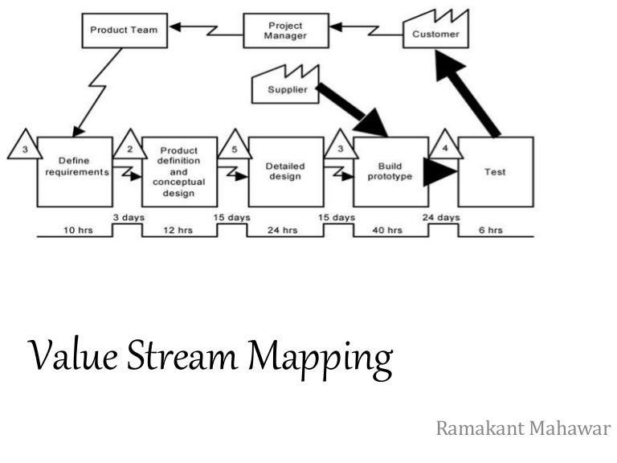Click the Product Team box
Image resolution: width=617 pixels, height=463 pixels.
[x=123, y=31]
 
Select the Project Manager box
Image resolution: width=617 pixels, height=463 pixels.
[x=285, y=31]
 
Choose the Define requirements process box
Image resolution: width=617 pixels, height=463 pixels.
[x=73, y=171]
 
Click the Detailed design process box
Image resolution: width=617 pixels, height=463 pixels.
[x=285, y=171]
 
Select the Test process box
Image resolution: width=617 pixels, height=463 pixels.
[x=495, y=171]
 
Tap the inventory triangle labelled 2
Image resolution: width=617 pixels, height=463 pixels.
[x=130, y=145]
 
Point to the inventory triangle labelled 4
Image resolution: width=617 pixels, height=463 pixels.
[x=445, y=145]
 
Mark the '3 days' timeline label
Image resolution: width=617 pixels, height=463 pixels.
[x=127, y=217]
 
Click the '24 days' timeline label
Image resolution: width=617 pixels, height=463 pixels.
[x=441, y=217]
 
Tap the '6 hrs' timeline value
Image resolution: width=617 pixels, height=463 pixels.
[x=489, y=231]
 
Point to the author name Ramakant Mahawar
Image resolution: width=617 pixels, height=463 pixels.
[x=523, y=428]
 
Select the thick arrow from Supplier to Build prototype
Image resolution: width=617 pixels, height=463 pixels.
[x=352, y=108]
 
